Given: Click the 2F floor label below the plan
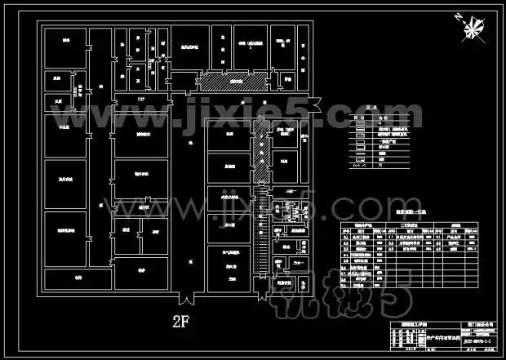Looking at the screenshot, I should tap(181, 318).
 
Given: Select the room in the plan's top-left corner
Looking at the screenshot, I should tap(62, 47).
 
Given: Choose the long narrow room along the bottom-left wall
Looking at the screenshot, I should tap(78, 278).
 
